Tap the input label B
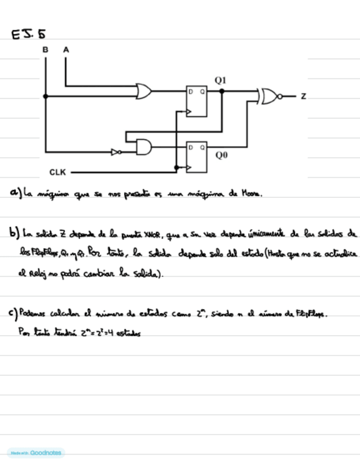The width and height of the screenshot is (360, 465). [x=45, y=50]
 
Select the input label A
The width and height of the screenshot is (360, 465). [x=66, y=50]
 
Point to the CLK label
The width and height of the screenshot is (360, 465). [x=58, y=172]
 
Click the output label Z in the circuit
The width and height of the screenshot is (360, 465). [x=303, y=97]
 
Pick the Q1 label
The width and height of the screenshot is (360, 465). [x=220, y=81]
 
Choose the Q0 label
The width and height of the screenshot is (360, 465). [x=221, y=156]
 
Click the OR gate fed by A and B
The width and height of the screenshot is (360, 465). [x=144, y=91]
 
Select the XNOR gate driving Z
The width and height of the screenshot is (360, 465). [x=270, y=97]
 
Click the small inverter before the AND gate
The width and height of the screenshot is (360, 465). [x=116, y=152]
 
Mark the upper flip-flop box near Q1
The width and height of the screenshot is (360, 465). [x=196, y=101]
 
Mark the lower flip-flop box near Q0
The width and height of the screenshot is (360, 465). [x=196, y=157]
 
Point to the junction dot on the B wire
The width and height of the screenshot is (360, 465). [x=46, y=96]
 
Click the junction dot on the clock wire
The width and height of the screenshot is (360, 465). [x=176, y=167]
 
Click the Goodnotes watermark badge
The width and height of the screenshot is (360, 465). [x=36, y=453]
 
